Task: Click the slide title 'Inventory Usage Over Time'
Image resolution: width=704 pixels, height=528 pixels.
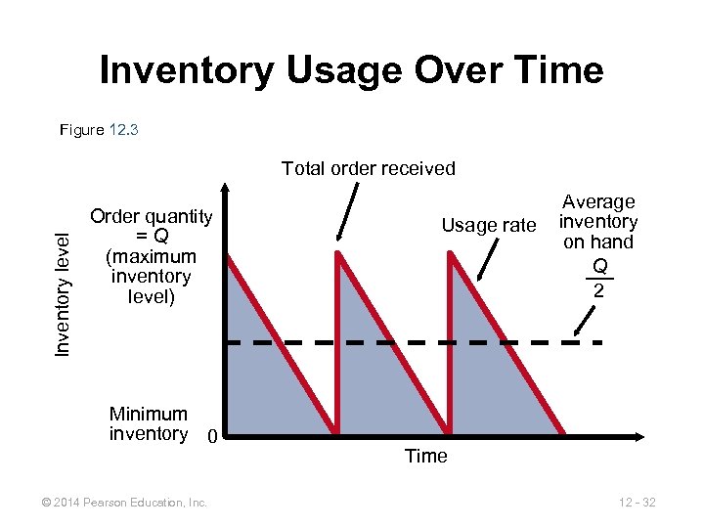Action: click(352, 71)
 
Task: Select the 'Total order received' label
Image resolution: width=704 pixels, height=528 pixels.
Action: click(369, 168)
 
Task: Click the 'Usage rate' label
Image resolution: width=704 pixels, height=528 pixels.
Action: click(489, 226)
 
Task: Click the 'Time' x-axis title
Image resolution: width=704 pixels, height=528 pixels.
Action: click(425, 456)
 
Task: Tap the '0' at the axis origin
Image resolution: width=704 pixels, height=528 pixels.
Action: click(210, 435)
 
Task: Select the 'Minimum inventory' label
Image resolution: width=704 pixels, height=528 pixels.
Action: click(149, 423)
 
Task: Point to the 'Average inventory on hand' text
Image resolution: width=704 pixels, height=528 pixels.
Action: click(598, 222)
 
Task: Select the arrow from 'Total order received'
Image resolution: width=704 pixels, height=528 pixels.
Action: click(348, 210)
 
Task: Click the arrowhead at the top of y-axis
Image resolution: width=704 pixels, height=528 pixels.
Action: click(224, 189)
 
